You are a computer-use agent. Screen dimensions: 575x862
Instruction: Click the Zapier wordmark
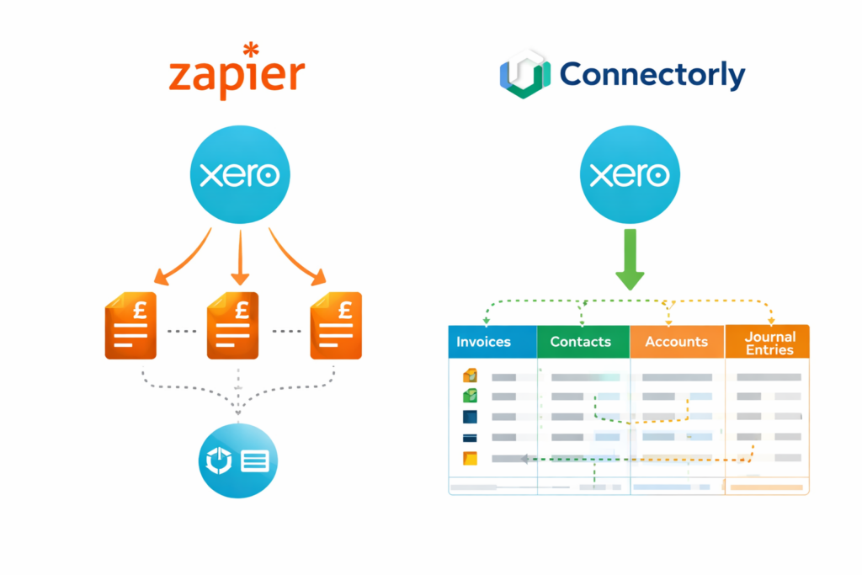click(236, 76)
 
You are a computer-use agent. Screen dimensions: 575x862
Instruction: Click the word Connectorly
click(652, 75)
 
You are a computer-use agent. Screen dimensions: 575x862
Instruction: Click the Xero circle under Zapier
click(240, 175)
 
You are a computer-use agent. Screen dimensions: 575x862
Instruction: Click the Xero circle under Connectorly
click(629, 175)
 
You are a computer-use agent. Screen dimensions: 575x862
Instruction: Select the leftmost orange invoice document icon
click(130, 326)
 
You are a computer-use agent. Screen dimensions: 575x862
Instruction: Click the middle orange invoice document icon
click(233, 326)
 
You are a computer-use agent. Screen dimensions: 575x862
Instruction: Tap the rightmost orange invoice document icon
click(335, 326)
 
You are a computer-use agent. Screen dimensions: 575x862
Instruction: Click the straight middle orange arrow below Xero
click(240, 257)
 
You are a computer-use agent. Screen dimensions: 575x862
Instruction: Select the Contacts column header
click(583, 342)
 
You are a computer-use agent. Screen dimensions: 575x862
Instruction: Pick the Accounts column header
click(676, 342)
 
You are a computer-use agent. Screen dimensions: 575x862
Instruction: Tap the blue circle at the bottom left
click(238, 460)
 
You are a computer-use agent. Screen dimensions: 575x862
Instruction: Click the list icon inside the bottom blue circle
click(255, 461)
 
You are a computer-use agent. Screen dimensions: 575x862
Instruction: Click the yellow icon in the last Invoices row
click(470, 459)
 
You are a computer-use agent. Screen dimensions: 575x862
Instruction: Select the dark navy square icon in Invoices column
click(470, 416)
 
